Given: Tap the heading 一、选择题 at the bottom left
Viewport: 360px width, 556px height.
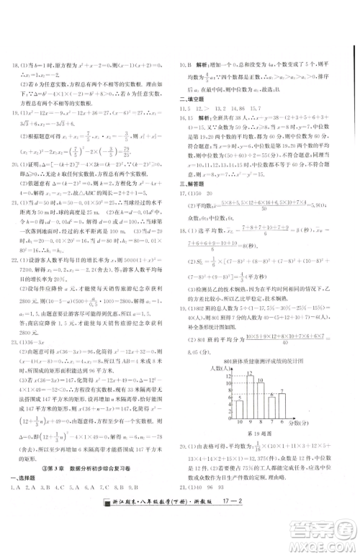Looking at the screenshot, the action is coord(24,501).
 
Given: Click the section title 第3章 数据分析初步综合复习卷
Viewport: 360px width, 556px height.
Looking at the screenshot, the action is coord(87,492).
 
